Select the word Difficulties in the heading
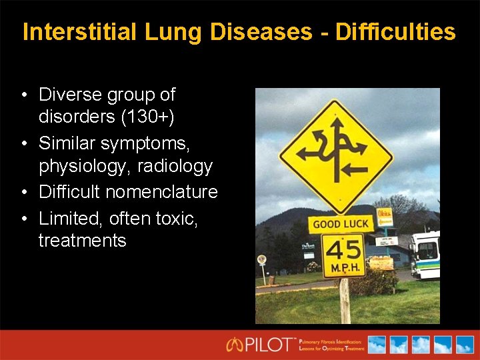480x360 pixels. click(x=397, y=32)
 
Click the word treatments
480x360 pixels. click(x=82, y=240)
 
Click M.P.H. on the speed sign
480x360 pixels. click(x=344, y=269)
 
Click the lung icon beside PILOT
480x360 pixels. click(x=235, y=345)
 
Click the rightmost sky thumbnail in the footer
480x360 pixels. click(x=463, y=345)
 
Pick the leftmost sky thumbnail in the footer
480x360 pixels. click(x=377, y=345)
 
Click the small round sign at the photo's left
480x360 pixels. click(x=262, y=260)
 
